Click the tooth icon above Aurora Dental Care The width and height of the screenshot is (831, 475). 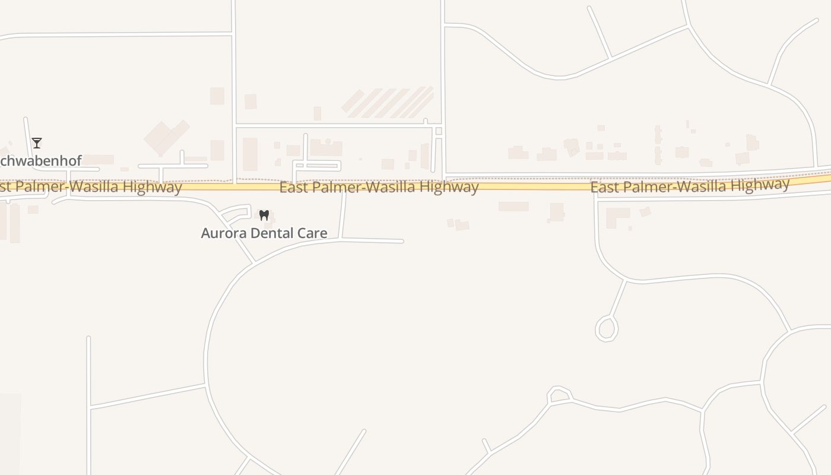pos(264,215)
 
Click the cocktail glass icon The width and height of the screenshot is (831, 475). pos(37,142)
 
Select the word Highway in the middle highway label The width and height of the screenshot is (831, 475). pos(449,188)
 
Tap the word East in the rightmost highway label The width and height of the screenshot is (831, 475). pos(604,188)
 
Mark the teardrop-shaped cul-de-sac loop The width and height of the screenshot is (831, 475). pos(607,328)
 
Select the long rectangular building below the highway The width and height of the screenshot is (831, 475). pos(513,207)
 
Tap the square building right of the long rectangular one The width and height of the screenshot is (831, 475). pos(557,212)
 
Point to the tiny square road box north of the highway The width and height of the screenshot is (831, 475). pos(439,131)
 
